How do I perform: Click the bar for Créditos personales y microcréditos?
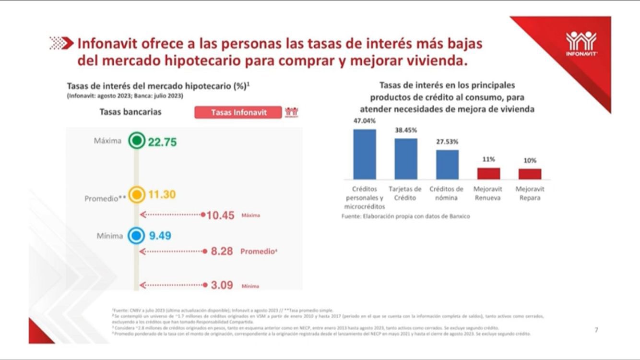coord(365,154)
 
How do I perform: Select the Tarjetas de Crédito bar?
coord(406,158)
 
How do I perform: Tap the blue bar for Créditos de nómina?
coord(447,164)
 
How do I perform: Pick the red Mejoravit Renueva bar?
coord(488,173)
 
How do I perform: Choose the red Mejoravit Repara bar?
coord(530,174)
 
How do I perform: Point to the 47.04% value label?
coord(365,121)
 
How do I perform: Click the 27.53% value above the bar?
coord(447,142)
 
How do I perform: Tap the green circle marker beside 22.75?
coord(137,141)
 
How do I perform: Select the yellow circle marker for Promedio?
coord(137,194)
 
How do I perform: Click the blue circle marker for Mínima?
coord(137,236)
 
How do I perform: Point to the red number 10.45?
coord(220,215)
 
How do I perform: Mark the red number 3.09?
coord(222,285)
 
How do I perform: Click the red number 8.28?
coord(222,251)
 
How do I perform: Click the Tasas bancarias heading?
coord(130,112)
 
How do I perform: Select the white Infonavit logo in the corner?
coord(581,43)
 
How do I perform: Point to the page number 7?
coord(596,330)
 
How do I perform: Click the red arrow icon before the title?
coord(61,44)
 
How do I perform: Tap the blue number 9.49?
coord(160,236)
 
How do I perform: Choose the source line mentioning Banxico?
coord(405,216)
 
